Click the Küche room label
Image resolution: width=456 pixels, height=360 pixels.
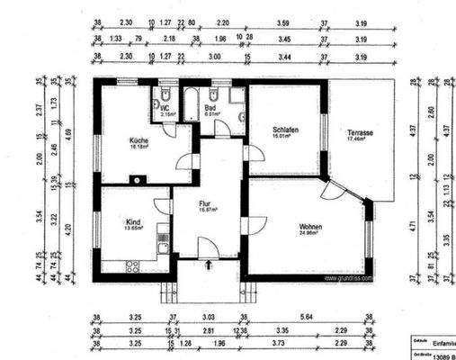coord(139,140)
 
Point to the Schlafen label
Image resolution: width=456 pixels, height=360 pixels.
coord(285,131)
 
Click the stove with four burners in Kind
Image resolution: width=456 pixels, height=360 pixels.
coord(132,265)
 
